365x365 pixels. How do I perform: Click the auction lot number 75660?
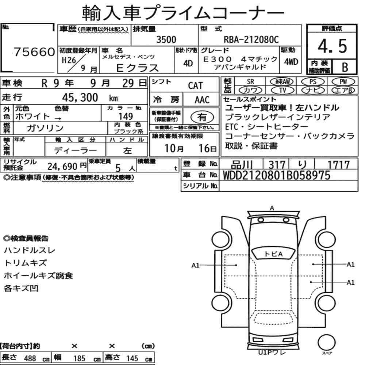[34, 52]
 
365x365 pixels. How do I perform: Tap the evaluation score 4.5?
[332, 46]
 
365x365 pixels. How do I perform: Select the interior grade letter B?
[345, 67]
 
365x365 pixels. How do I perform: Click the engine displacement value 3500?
[166, 39]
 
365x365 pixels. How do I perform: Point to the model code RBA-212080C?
[251, 39]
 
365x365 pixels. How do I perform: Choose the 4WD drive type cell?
[291, 62]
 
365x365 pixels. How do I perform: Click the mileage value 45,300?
[80, 97]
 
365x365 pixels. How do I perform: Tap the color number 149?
[126, 116]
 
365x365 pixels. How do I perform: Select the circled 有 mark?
[202, 117]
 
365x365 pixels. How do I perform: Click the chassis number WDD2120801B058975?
[277, 175]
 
